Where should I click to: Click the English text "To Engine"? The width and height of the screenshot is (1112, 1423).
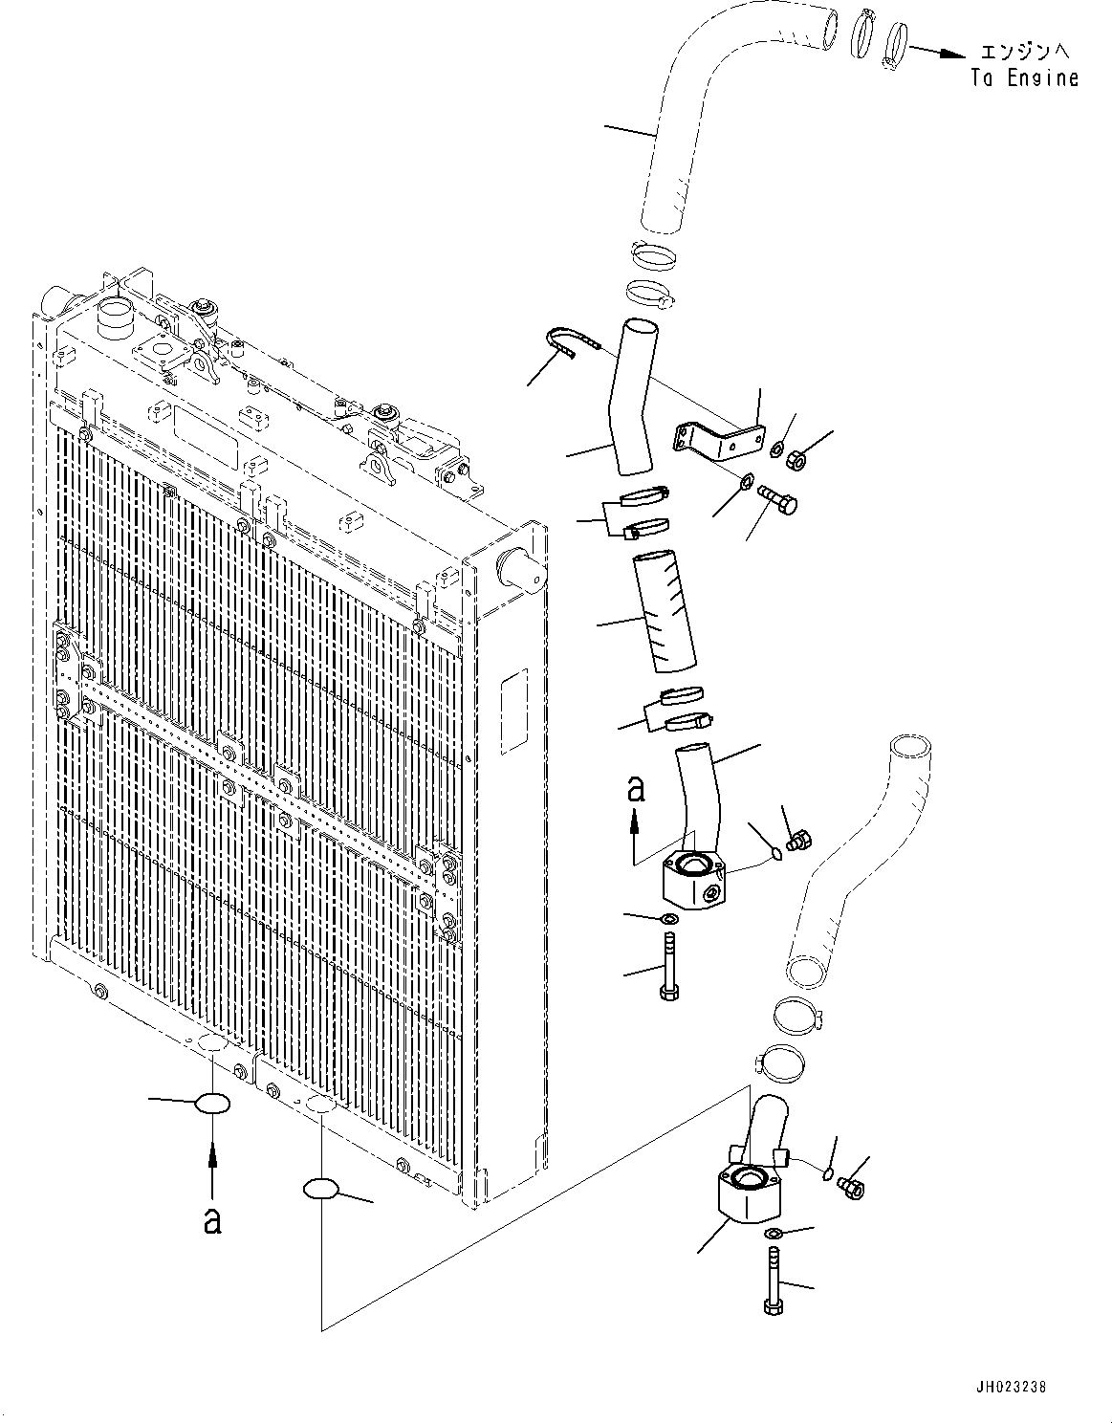(1024, 78)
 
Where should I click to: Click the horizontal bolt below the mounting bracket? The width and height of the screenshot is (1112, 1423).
(778, 498)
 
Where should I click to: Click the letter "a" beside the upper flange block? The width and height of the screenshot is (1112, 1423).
(636, 788)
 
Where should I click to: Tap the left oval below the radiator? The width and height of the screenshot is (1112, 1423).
(212, 1104)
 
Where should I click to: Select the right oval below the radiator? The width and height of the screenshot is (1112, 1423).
(320, 1189)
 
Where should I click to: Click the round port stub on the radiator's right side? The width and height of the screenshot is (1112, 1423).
(517, 569)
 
